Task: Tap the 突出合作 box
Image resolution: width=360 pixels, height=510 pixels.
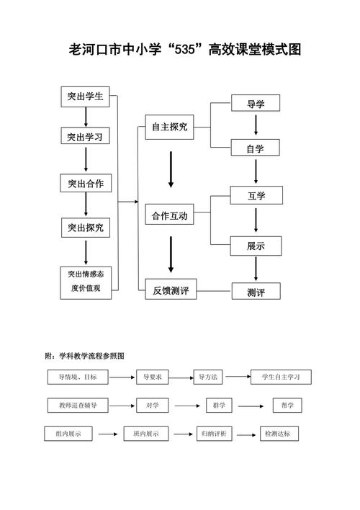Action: (x=86, y=184)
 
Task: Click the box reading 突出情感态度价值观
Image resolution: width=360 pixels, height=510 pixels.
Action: (x=86, y=282)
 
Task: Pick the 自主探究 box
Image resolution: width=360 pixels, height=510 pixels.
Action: (x=169, y=127)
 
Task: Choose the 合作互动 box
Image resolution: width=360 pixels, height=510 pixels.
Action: (x=169, y=216)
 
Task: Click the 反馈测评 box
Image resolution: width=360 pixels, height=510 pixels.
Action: (x=170, y=291)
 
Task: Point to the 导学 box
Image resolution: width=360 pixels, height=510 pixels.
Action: (x=255, y=104)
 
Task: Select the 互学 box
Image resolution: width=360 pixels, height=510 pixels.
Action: (x=255, y=194)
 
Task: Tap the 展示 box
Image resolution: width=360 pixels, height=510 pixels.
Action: (x=255, y=246)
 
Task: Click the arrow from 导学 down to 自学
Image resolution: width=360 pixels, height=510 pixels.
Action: (x=256, y=126)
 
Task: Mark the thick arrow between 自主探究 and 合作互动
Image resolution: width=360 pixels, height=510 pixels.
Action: (x=171, y=171)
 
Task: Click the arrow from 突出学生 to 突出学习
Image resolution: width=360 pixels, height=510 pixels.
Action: (x=86, y=117)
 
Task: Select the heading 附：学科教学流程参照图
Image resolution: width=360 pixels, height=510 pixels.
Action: (x=85, y=356)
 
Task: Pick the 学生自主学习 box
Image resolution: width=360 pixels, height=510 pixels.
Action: (x=281, y=377)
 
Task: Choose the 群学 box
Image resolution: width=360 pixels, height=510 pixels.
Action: (x=219, y=406)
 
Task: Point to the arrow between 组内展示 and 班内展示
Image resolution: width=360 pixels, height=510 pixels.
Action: (x=107, y=434)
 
